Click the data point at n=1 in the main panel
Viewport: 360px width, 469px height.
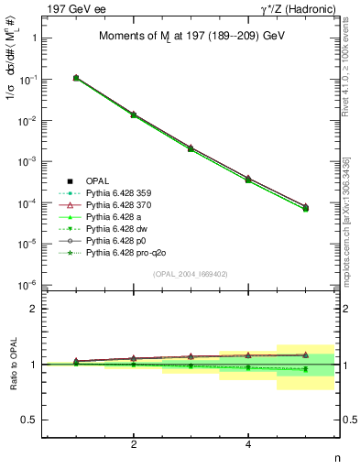point(76,78)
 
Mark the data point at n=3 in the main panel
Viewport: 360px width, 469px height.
point(191,147)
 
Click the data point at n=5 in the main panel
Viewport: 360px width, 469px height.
point(305,208)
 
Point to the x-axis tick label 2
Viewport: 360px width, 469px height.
point(134,444)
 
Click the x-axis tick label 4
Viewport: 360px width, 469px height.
point(248,444)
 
